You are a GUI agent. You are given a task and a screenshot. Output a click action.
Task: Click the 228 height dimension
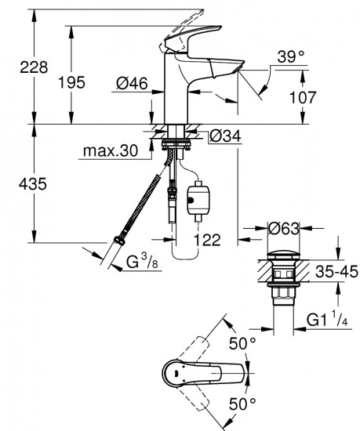(x=17, y=68)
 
